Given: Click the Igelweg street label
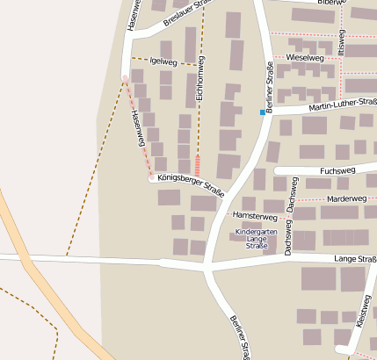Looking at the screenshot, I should click(x=164, y=61).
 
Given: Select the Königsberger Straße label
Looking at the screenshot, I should click(x=191, y=184).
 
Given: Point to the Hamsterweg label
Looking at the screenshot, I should click(x=255, y=216).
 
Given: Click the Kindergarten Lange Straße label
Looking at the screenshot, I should click(x=257, y=239).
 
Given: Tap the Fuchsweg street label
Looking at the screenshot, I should click(x=338, y=170).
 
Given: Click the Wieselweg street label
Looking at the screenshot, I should click(x=304, y=57).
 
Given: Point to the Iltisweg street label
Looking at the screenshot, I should click(x=343, y=46).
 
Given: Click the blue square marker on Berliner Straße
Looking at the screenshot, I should click(x=262, y=112).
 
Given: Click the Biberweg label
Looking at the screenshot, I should click(x=333, y=4).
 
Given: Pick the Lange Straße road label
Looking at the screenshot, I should click(x=355, y=260).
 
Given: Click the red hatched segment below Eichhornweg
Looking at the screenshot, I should click(x=197, y=165).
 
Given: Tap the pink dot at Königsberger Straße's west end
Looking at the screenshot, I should click(x=152, y=178).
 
